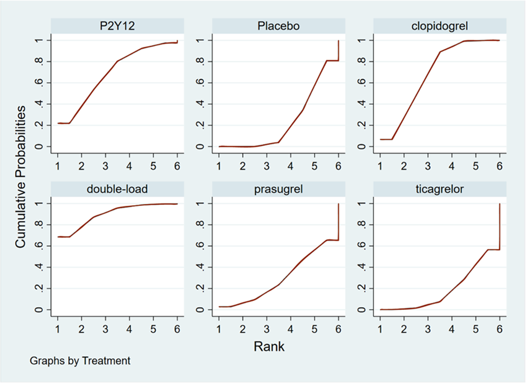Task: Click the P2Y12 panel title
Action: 117,26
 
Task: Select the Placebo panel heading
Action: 278,26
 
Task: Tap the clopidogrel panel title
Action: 439,26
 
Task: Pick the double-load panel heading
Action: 117,189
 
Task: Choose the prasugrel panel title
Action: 278,189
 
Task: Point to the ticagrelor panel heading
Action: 439,189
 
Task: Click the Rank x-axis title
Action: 269,346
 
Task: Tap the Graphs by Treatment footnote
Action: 80,361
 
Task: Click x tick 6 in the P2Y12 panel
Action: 177,166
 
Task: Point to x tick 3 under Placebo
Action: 266,166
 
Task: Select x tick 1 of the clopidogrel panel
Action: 380,166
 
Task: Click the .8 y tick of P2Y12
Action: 39,61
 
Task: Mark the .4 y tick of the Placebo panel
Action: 200,104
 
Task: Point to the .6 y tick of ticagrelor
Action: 362,246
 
